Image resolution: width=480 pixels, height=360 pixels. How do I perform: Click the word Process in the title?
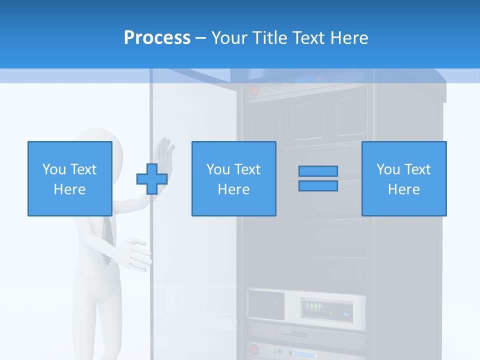157,38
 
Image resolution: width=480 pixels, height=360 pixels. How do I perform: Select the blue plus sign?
152,179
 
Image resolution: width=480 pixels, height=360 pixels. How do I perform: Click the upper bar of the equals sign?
318,171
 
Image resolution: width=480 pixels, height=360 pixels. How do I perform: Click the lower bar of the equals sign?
318,186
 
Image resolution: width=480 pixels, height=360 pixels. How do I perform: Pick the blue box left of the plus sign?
69,178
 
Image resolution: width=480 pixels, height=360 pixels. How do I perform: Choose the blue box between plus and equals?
233,178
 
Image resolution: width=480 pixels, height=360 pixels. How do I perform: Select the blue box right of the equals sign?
403,178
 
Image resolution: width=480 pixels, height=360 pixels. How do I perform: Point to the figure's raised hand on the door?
164,151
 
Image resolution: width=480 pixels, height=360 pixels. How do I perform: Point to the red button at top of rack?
254,91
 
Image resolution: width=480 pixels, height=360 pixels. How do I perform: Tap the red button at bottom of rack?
254,348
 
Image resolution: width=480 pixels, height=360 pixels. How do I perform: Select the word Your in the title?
229,38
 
